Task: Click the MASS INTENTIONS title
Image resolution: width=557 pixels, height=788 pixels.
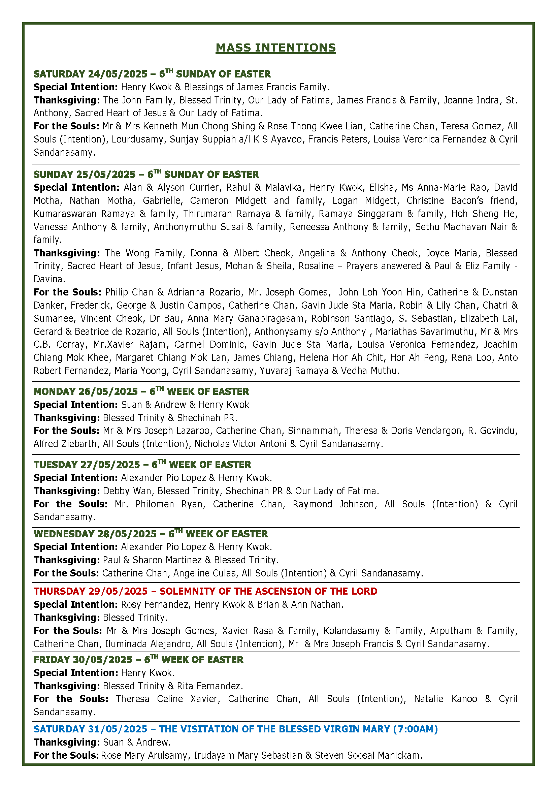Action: (275, 48)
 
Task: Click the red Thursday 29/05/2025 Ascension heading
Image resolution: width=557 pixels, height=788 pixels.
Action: (205, 591)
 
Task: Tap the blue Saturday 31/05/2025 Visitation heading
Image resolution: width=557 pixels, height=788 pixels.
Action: (235, 729)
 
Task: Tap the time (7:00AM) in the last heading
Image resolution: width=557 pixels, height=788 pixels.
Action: (415, 729)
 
